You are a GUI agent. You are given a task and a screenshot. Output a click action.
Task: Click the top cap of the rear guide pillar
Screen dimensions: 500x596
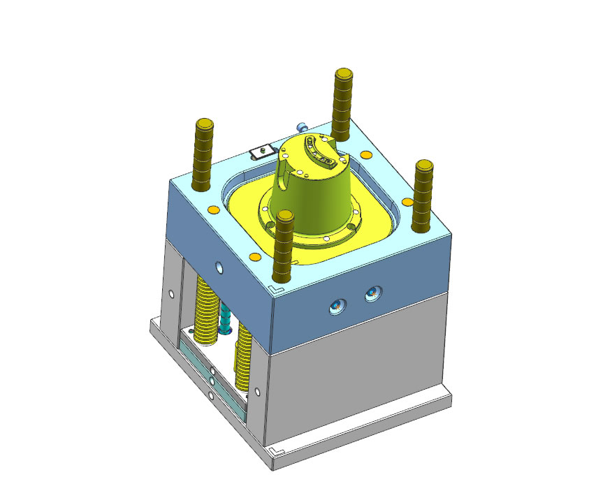click(343, 73)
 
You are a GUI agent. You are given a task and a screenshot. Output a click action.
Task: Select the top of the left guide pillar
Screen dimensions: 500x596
click(203, 125)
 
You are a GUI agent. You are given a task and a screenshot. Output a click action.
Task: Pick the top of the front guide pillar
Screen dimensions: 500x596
click(284, 218)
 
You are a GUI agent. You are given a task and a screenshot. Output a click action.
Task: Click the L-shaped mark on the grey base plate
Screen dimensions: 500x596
click(275, 453)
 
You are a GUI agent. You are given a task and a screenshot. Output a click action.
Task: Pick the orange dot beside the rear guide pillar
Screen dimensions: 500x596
click(365, 154)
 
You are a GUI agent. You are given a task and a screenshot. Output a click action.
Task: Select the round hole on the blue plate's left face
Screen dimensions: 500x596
click(220, 267)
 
